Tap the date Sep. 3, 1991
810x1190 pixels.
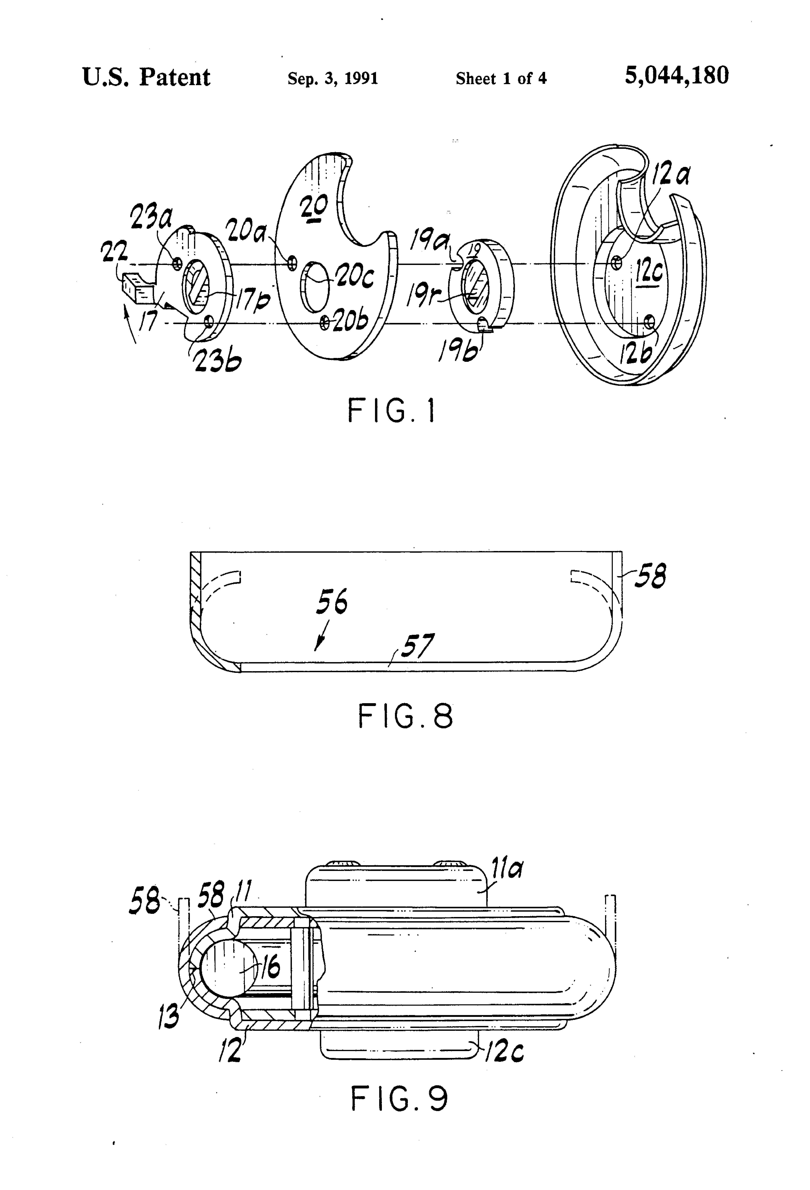333,78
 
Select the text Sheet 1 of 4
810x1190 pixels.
501,78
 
